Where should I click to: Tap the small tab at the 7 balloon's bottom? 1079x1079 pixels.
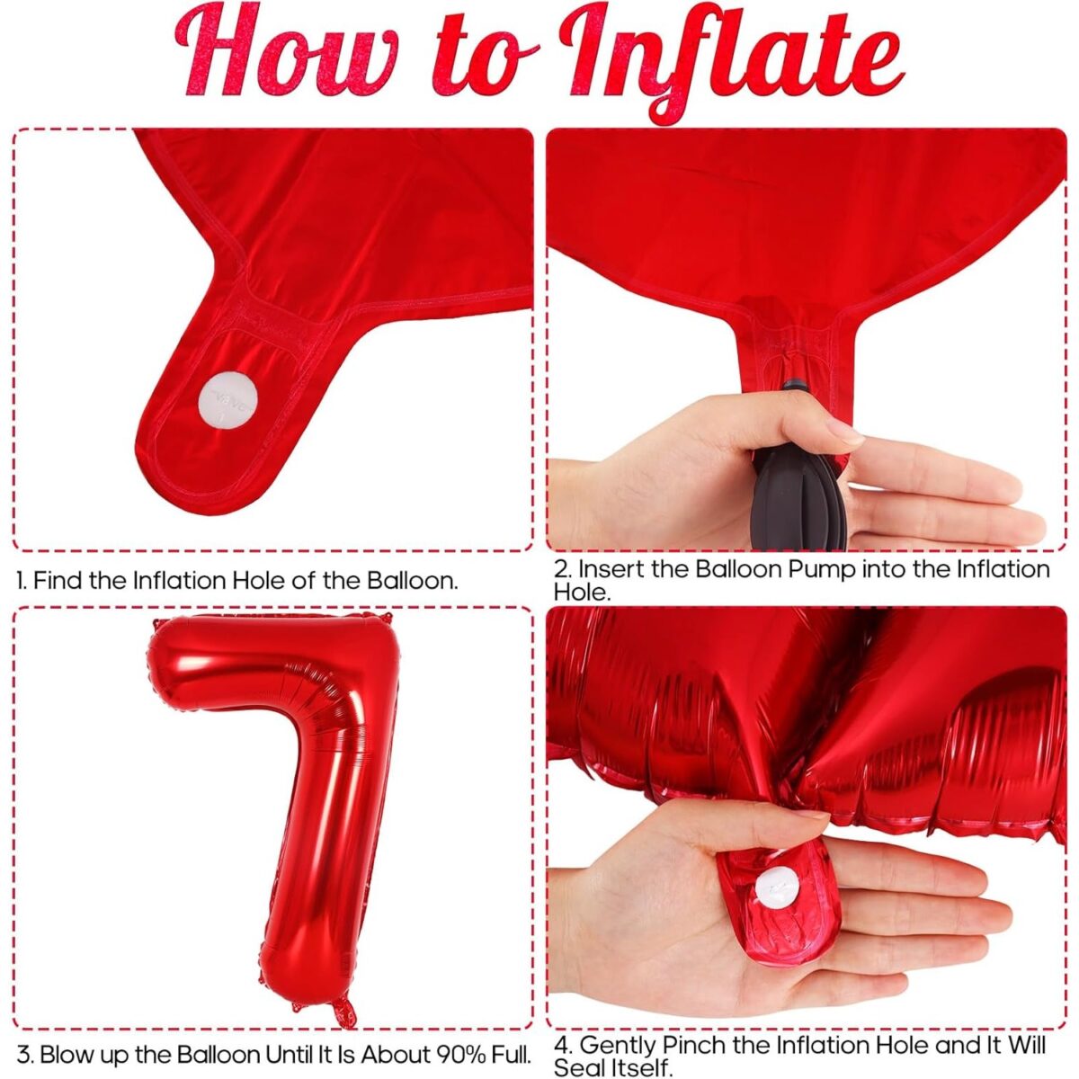click(x=343, y=1012)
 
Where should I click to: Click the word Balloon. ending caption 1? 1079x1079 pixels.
click(x=413, y=580)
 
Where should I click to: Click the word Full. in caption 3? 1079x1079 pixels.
click(x=510, y=1053)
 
